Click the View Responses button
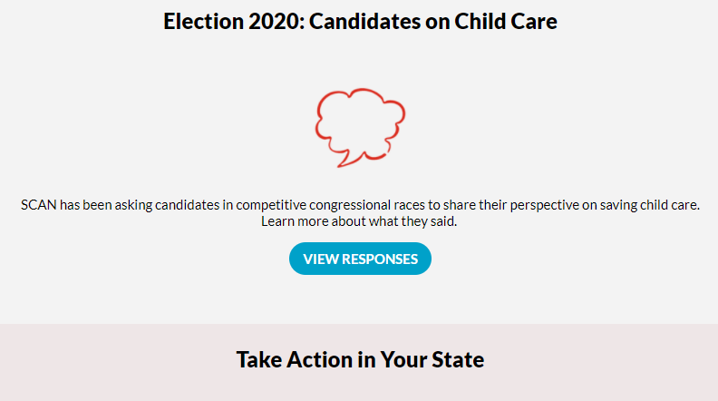click(x=360, y=259)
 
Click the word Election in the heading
click(x=203, y=21)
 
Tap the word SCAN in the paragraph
click(x=38, y=205)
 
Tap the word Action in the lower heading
click(x=319, y=359)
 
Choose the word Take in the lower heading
click(x=258, y=359)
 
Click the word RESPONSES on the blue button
click(x=380, y=259)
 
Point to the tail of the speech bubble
click(x=339, y=166)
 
